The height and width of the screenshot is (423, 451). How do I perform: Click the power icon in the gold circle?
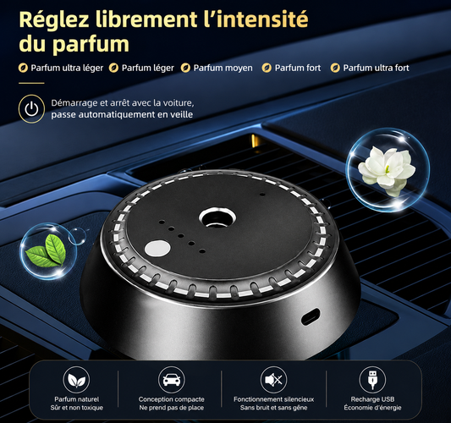pyautogui.click(x=31, y=109)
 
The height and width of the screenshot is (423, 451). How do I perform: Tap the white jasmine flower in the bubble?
pyautogui.click(x=386, y=170)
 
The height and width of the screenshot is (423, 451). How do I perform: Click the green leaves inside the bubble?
pyautogui.click(x=47, y=250)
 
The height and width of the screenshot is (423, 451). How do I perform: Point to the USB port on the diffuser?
pyautogui.click(x=311, y=316)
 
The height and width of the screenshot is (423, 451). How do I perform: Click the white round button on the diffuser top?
pyautogui.click(x=157, y=249)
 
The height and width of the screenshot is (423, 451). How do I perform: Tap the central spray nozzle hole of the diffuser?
pyautogui.click(x=217, y=217)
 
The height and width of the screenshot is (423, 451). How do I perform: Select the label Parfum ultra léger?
pyautogui.click(x=67, y=69)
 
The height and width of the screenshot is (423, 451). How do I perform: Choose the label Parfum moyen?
pyautogui.click(x=223, y=69)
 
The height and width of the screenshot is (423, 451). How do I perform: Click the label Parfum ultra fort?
pyautogui.click(x=376, y=69)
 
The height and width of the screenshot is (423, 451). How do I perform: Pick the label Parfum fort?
pyautogui.click(x=298, y=69)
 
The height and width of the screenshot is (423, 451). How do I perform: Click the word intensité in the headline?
pyautogui.click(x=259, y=19)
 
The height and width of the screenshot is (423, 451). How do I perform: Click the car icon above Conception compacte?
pyautogui.click(x=172, y=380)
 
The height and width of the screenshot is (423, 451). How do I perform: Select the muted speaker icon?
pyautogui.click(x=274, y=380)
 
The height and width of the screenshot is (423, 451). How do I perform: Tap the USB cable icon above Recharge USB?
pyautogui.click(x=372, y=380)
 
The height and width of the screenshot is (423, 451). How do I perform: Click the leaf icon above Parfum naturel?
pyautogui.click(x=76, y=380)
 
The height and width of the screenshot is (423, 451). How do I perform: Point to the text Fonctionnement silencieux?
pyautogui.click(x=273, y=399)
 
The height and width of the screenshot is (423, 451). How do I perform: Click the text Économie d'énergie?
pyautogui.click(x=372, y=408)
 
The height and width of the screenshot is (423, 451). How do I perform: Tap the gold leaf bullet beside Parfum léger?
pyautogui.click(x=114, y=69)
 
